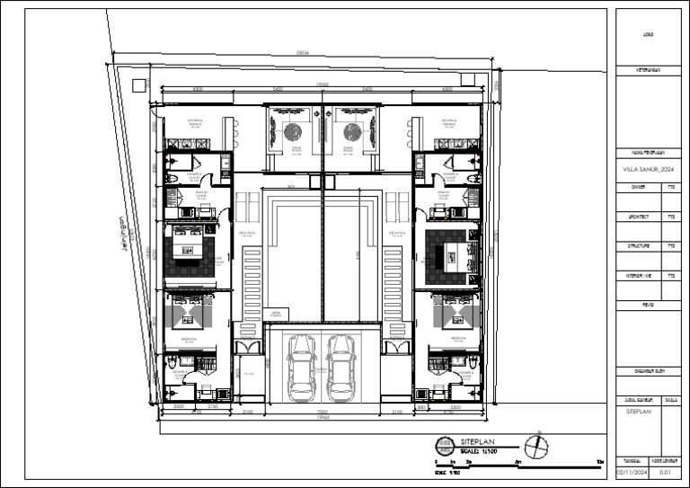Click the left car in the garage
click(302, 368)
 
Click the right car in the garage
click(341, 368)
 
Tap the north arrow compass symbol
click(538, 446)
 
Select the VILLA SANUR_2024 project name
click(647, 168)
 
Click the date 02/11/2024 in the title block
click(629, 470)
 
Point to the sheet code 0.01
click(666, 470)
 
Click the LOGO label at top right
click(648, 35)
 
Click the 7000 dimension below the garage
click(322, 411)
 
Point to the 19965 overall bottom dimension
click(322, 418)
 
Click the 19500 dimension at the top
click(322, 85)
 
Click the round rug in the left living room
click(293, 132)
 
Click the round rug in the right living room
click(352, 132)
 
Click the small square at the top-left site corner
click(137, 84)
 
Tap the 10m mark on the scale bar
click(599, 462)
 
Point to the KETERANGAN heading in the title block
click(648, 69)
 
